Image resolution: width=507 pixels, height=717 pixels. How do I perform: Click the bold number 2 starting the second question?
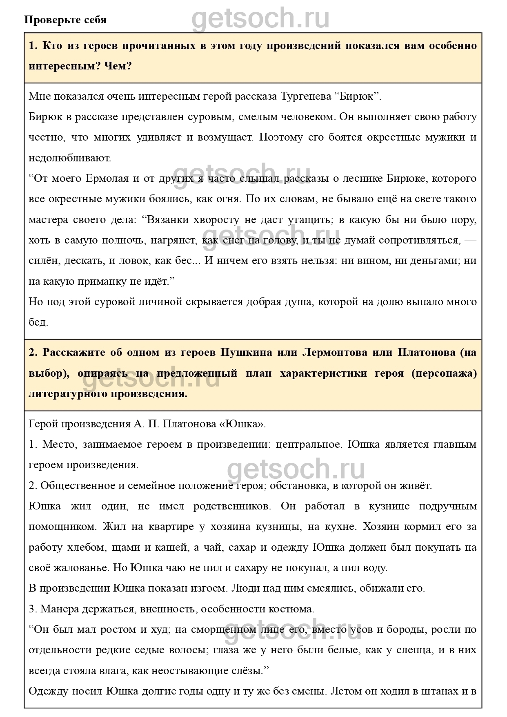click(33, 353)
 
